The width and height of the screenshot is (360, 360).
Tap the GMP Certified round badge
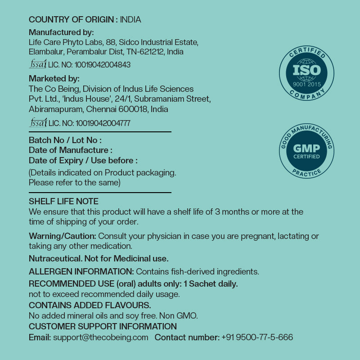tap(306, 151)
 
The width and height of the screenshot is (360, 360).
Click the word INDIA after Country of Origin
tap(130, 19)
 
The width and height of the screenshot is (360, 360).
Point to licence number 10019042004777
tap(103, 123)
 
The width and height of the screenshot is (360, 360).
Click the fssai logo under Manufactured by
tap(38, 64)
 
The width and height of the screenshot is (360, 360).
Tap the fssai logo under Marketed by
tap(38, 122)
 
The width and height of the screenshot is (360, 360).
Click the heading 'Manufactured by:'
tap(61, 32)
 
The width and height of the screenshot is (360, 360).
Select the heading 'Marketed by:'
tap(54, 79)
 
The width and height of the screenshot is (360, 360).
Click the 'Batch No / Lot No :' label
tap(65, 140)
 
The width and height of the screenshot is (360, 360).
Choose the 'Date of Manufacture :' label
tap(71, 150)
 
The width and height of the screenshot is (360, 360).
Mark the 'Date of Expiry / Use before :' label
tap(83, 161)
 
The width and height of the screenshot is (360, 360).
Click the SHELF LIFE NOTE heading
tap(63, 202)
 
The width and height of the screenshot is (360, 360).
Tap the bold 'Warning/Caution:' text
tap(63, 236)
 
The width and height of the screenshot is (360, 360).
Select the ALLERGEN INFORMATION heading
tap(81, 272)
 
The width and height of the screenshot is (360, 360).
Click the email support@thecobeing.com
tap(100, 337)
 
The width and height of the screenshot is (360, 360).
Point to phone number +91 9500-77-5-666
tap(257, 337)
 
